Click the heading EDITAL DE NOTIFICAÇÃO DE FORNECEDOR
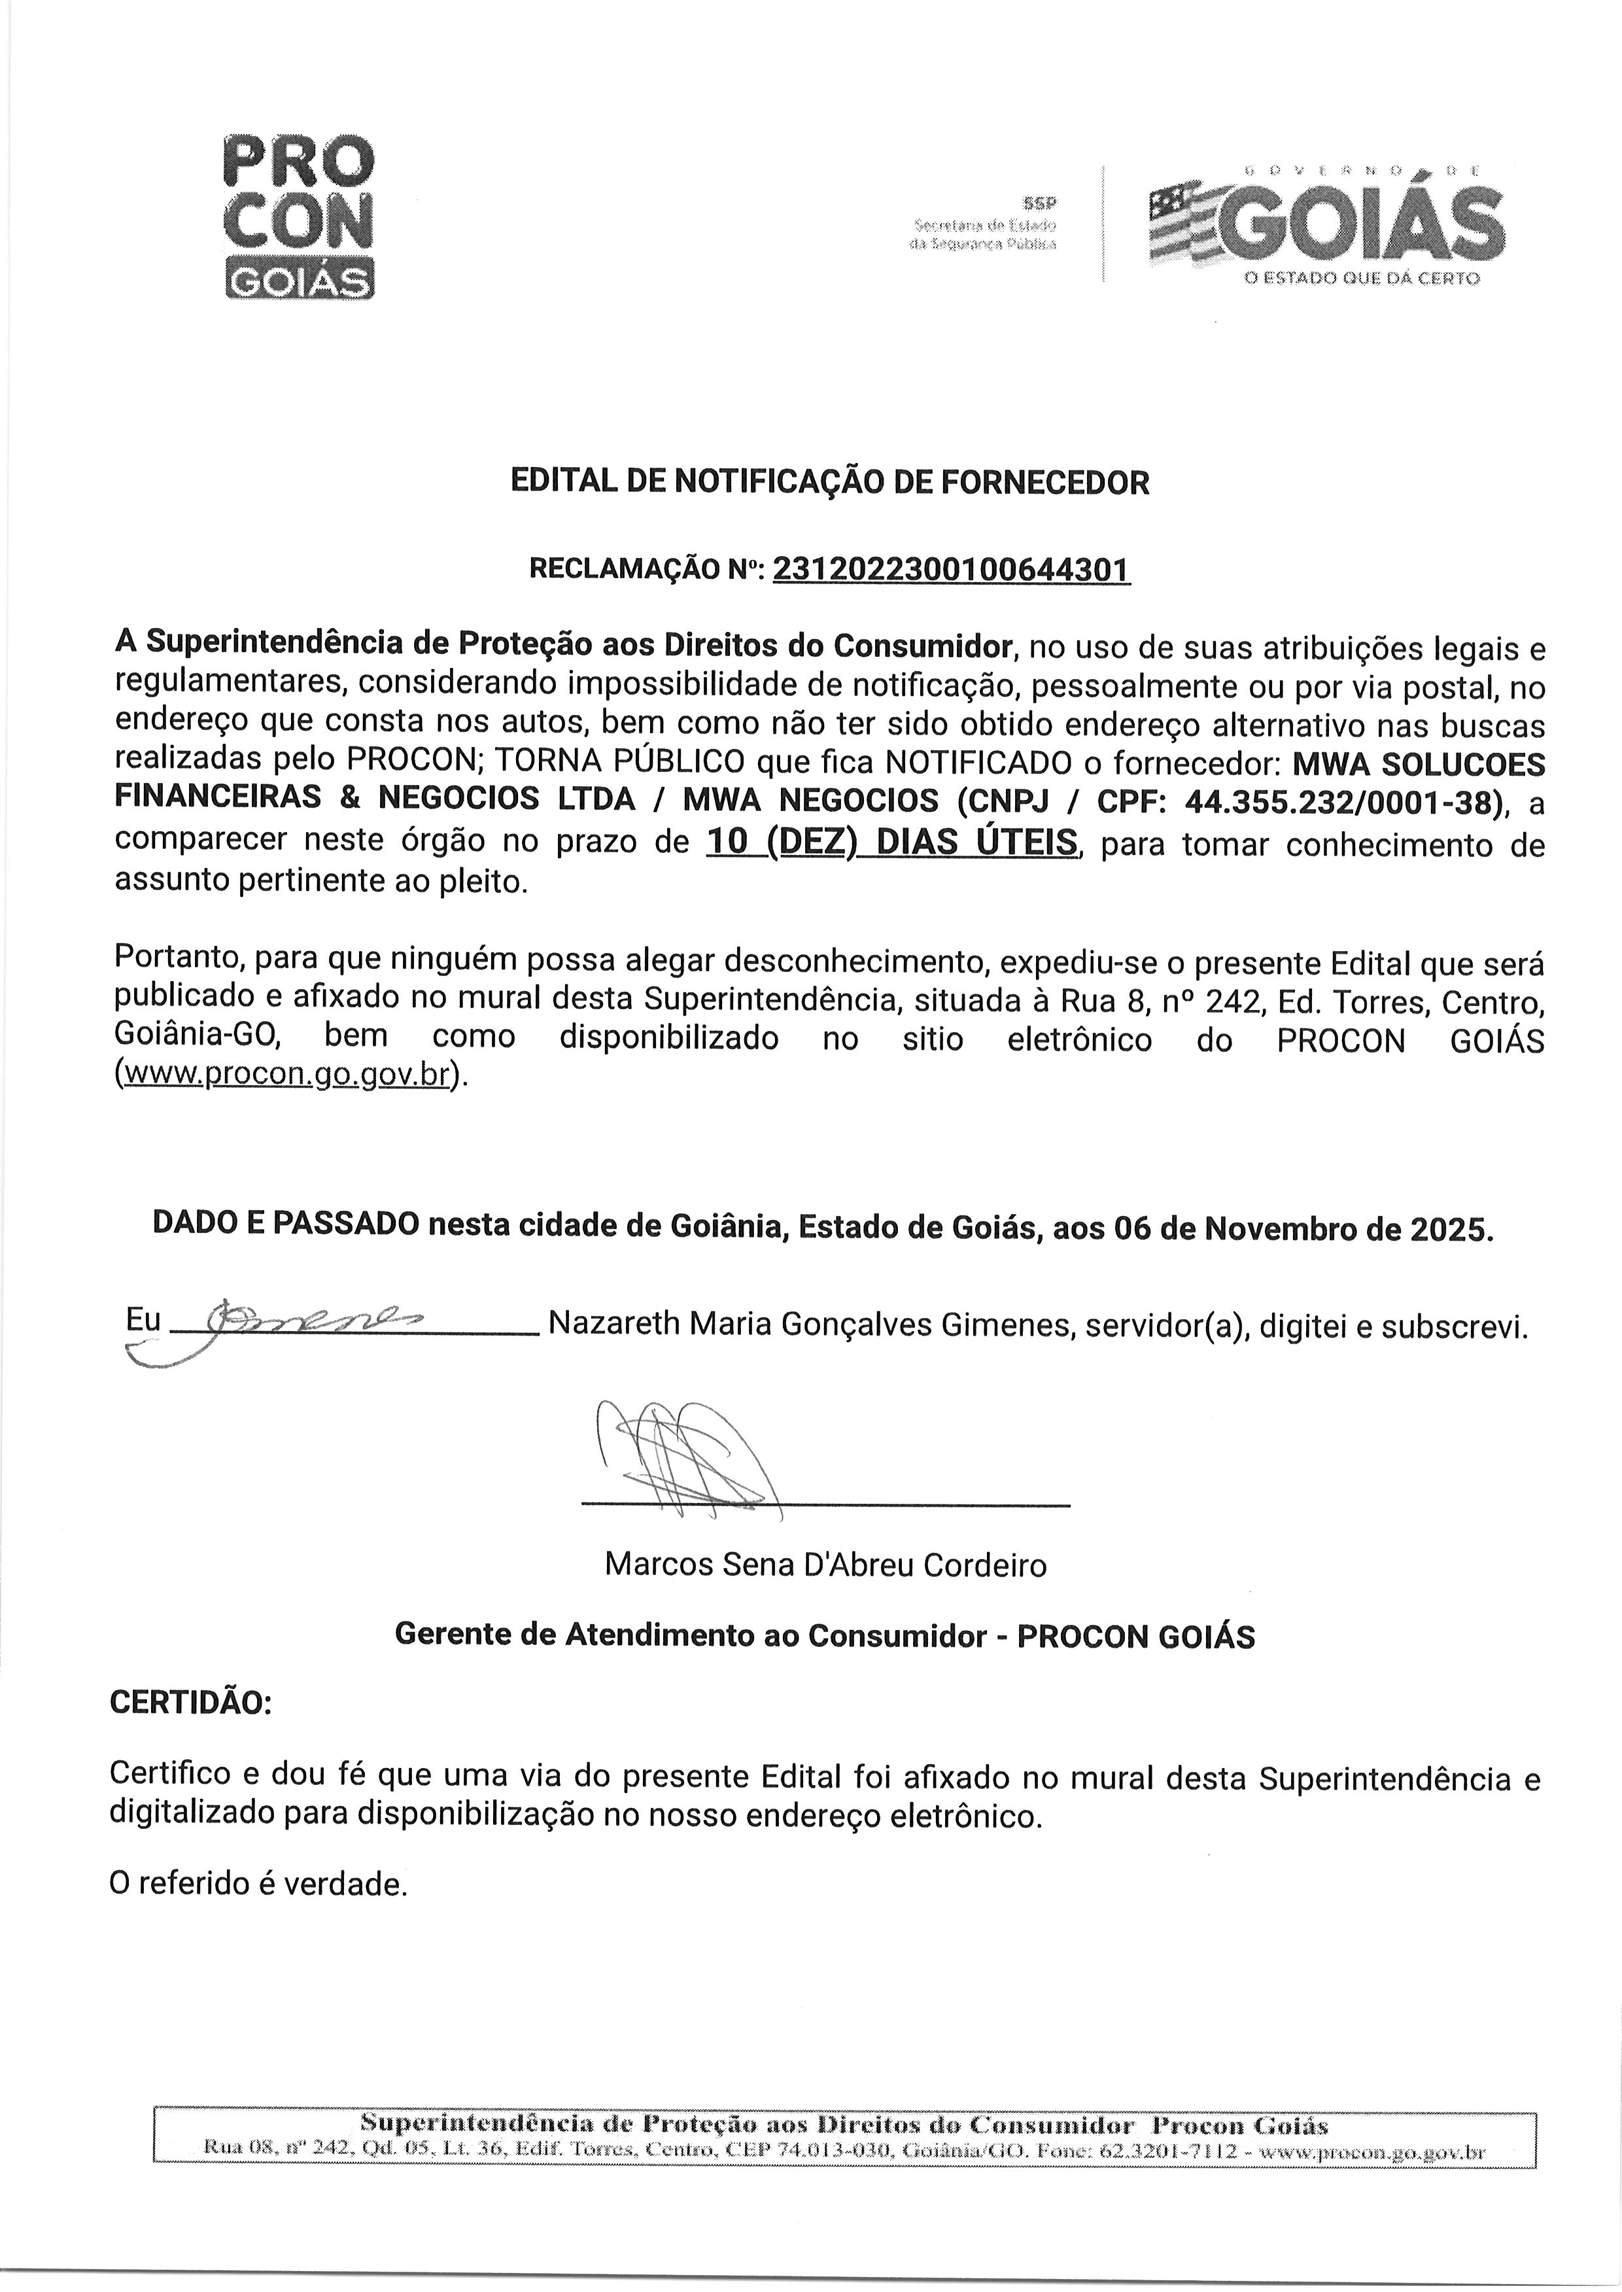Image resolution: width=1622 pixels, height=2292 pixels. click(x=830, y=482)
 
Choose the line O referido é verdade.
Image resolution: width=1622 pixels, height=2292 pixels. click(x=259, y=1884)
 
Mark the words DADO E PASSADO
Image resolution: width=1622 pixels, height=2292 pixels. click(x=286, y=1225)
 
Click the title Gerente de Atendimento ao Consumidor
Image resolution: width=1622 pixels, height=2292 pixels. click(x=691, y=1635)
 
